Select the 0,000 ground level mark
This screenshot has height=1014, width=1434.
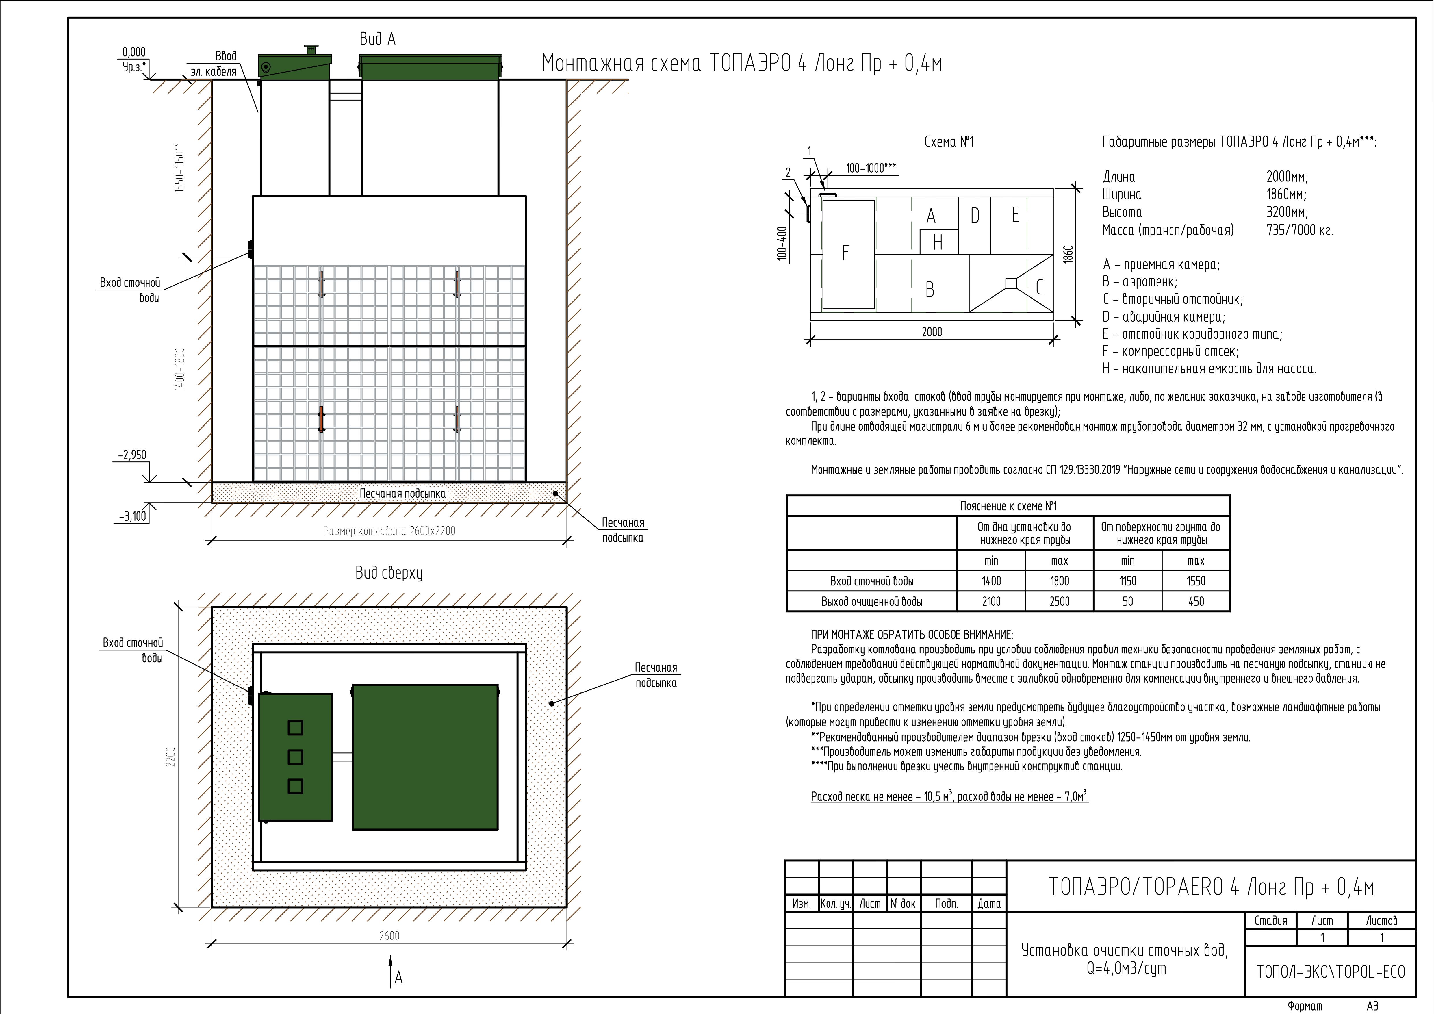pyautogui.click(x=134, y=53)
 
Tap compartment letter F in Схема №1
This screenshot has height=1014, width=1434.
pyautogui.click(x=846, y=252)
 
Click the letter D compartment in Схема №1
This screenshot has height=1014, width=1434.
pyautogui.click(x=974, y=216)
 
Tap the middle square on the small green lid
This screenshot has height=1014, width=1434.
pyautogui.click(x=295, y=757)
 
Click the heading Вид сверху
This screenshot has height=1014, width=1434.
pyautogui.click(x=389, y=573)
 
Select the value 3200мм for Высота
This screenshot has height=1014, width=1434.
pyautogui.click(x=1287, y=212)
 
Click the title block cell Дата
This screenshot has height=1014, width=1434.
pyautogui.click(x=989, y=903)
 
